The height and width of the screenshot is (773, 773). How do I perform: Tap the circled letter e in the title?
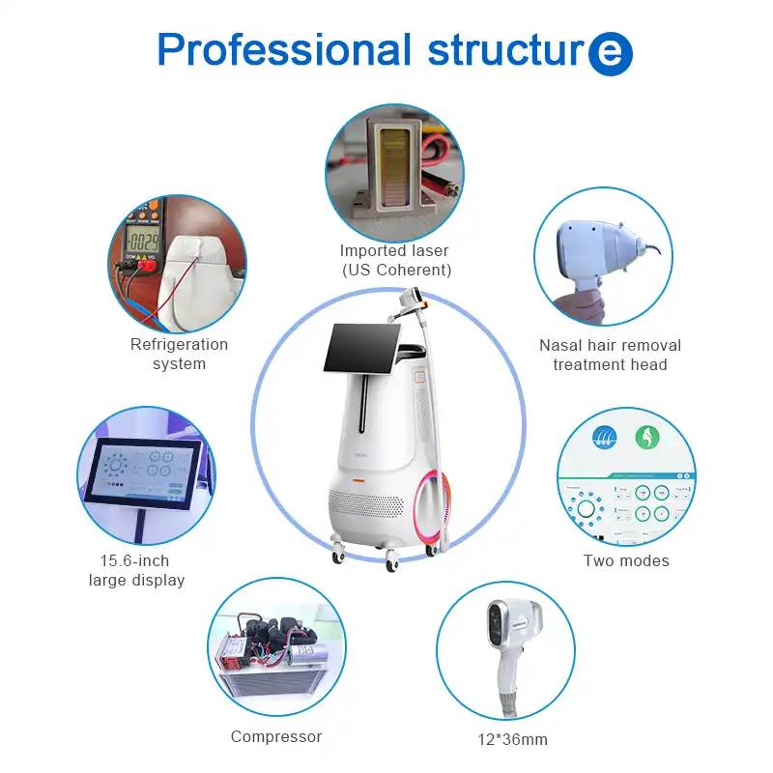pyautogui.click(x=610, y=53)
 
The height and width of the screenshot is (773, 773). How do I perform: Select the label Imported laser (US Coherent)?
pyautogui.click(x=395, y=261)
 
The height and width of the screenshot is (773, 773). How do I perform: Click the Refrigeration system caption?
pyautogui.click(x=180, y=354)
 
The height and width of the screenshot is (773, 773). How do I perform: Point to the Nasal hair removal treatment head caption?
pyautogui.click(x=610, y=355)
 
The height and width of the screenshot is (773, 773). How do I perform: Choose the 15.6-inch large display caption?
pyautogui.click(x=136, y=570)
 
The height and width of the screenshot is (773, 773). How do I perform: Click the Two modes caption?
pyautogui.click(x=626, y=560)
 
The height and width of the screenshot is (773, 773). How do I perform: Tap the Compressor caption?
pyautogui.click(x=276, y=736)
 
